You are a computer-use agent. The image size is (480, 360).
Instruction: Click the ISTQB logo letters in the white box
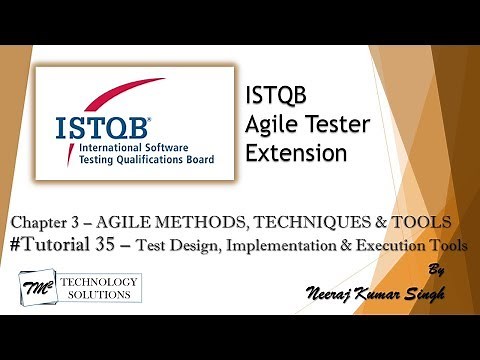click(94, 128)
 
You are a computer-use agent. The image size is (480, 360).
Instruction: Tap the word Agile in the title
click(268, 125)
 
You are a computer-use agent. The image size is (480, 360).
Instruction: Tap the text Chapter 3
click(53, 220)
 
